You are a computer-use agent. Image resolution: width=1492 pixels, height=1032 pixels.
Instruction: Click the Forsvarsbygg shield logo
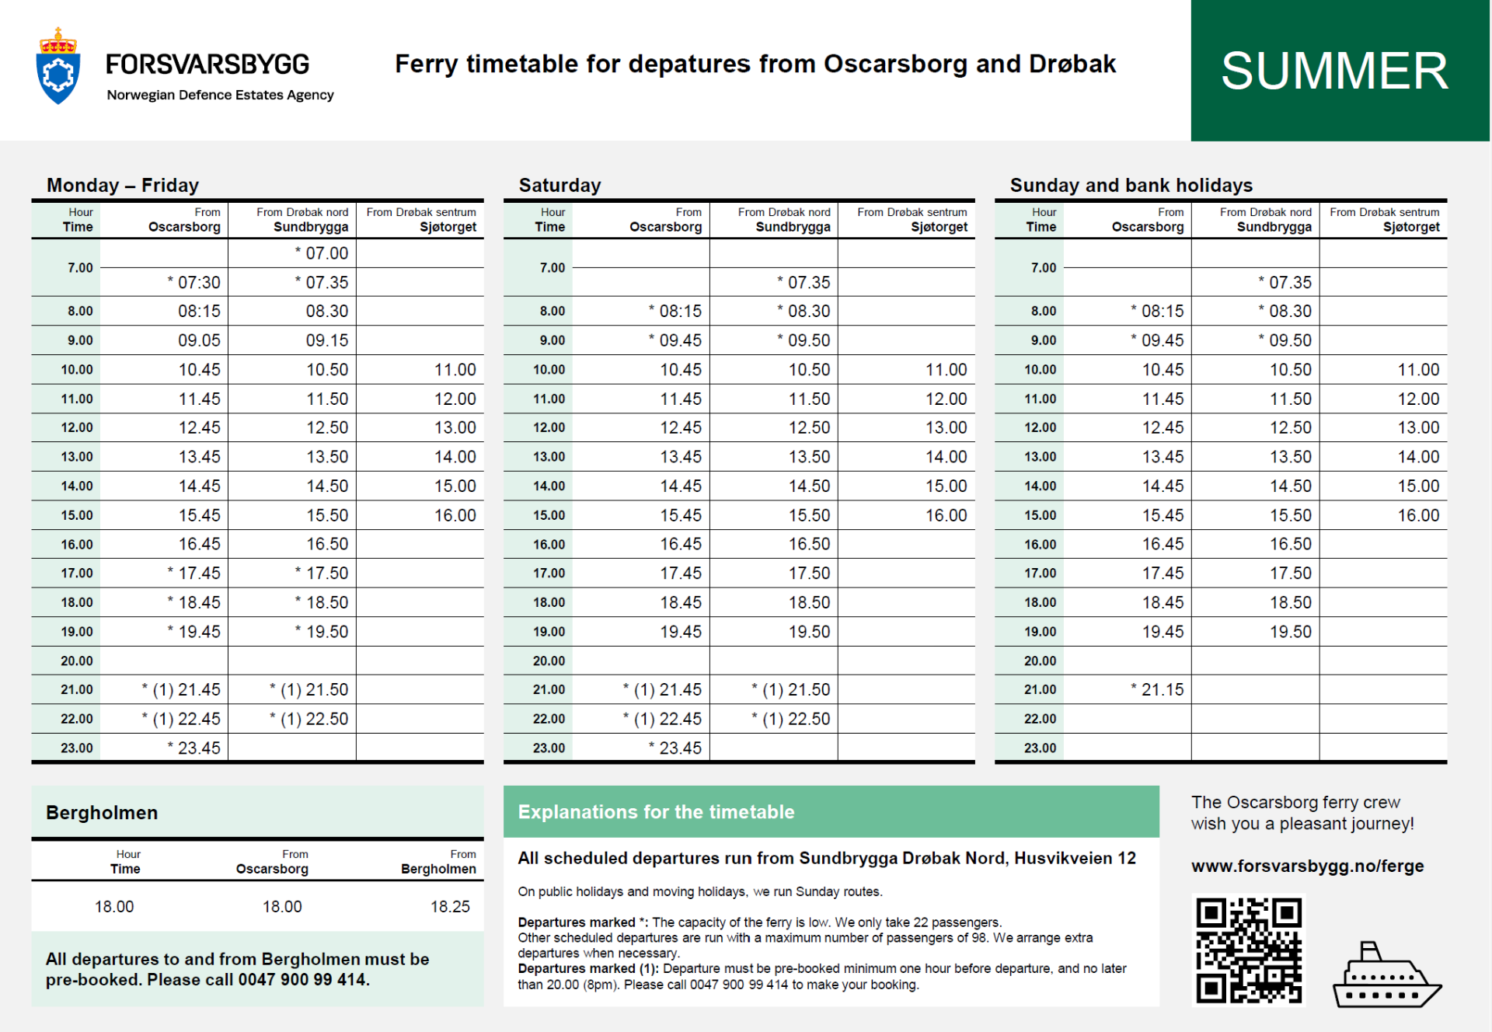click(58, 68)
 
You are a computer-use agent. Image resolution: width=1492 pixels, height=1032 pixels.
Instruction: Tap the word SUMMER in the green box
click(1334, 71)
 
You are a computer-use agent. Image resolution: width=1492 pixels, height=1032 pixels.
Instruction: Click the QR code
click(1248, 950)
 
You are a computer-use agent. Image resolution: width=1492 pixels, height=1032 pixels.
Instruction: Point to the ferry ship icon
click(1386, 978)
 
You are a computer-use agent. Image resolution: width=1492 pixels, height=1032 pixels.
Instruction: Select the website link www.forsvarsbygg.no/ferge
click(1307, 866)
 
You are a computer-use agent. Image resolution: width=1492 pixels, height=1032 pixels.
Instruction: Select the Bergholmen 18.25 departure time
click(450, 906)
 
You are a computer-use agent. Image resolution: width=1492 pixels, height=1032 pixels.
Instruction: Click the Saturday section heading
click(559, 185)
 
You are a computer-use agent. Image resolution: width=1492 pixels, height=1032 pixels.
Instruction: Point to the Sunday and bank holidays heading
click(1131, 185)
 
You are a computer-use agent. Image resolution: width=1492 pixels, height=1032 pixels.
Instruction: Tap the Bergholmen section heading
click(102, 812)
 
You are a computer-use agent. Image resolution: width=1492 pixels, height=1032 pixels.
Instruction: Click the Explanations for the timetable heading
click(656, 812)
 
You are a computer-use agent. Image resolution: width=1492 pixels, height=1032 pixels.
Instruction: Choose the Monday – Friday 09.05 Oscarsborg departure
click(199, 340)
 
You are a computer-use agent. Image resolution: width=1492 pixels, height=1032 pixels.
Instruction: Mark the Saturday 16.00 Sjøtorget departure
click(946, 515)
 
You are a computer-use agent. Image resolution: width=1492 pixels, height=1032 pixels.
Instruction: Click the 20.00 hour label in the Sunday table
click(1040, 661)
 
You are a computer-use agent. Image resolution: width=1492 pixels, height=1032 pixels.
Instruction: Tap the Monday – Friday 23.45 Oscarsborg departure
click(198, 748)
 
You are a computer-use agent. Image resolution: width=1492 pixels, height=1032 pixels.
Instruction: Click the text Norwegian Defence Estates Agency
click(220, 95)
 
